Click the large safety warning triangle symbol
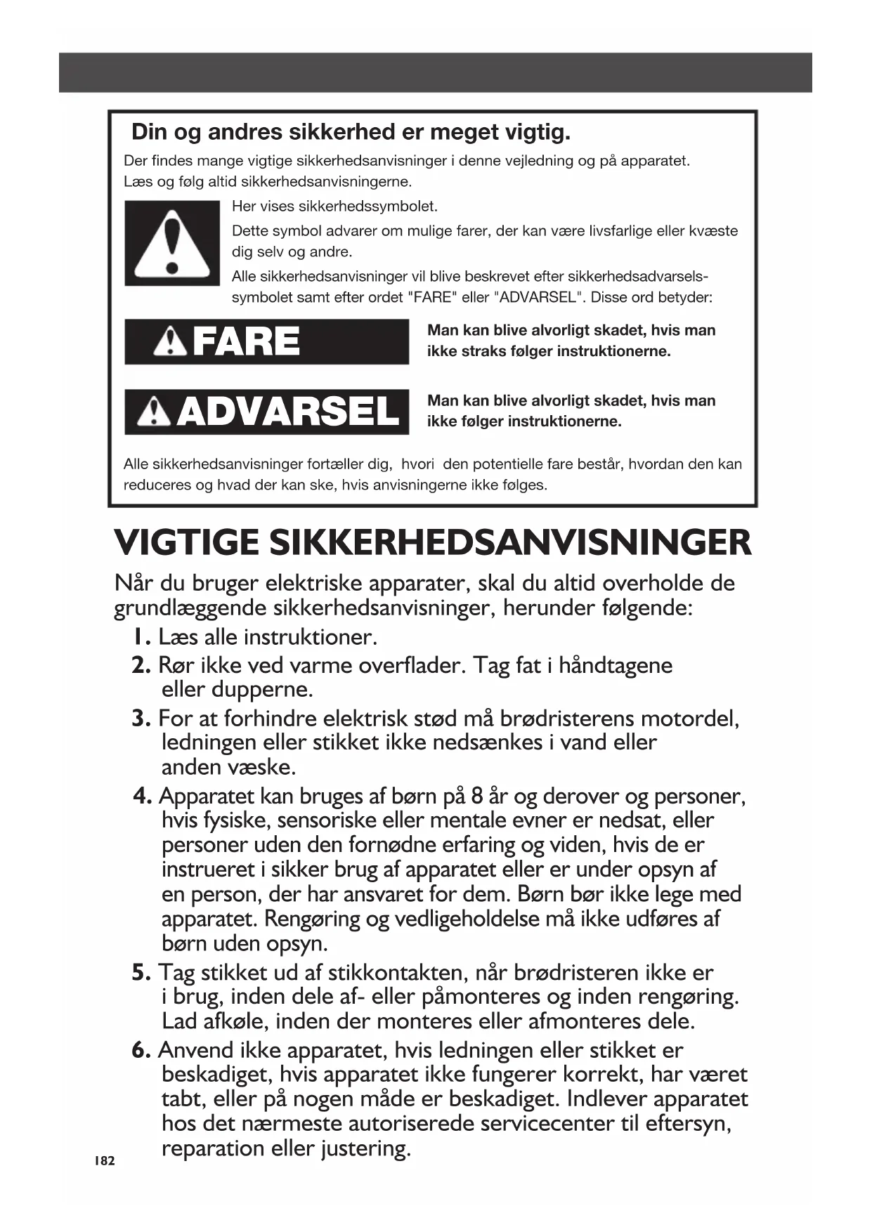tap(172, 243)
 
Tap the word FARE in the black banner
tap(246, 342)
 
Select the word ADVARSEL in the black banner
tap(287, 412)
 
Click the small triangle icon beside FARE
tap(169, 342)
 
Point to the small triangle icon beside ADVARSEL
tap(154, 412)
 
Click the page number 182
tap(104, 1161)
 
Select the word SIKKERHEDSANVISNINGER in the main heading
tap(510, 543)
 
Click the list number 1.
tap(141, 637)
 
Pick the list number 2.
tap(141, 665)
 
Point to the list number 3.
tap(141, 719)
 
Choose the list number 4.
tap(143, 797)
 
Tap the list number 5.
tap(141, 973)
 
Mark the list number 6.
tap(141, 1051)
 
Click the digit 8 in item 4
tap(477, 797)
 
